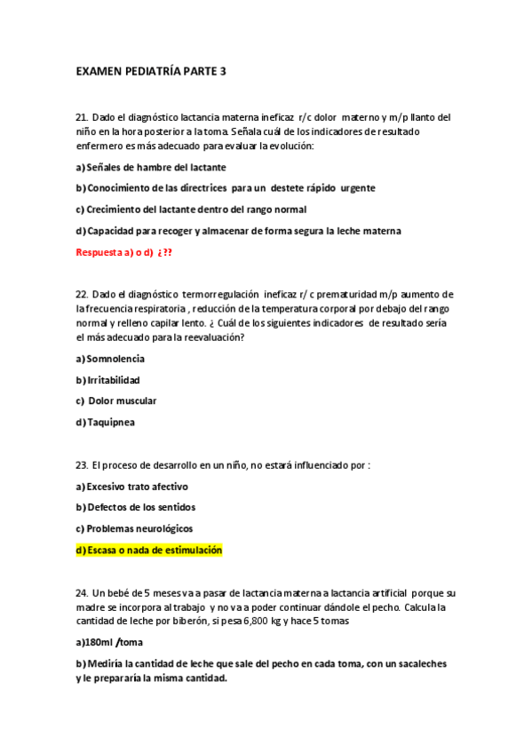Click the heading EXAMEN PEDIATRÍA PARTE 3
click(151, 71)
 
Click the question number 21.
click(83, 117)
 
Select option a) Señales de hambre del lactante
click(151, 167)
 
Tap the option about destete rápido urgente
click(226, 188)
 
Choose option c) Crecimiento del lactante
click(191, 210)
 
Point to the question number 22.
click(83, 294)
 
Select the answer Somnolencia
click(110, 359)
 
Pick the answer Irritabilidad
click(107, 380)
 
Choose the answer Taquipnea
click(106, 422)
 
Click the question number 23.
click(83, 464)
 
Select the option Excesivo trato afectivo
click(132, 487)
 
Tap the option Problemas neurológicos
click(134, 528)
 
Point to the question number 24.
click(83, 592)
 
